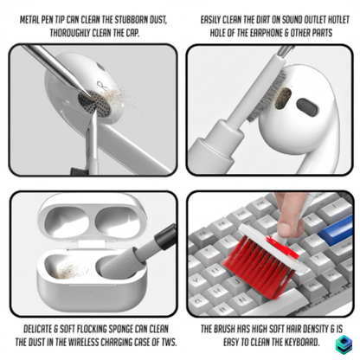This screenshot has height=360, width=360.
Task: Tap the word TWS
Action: (165, 342)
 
